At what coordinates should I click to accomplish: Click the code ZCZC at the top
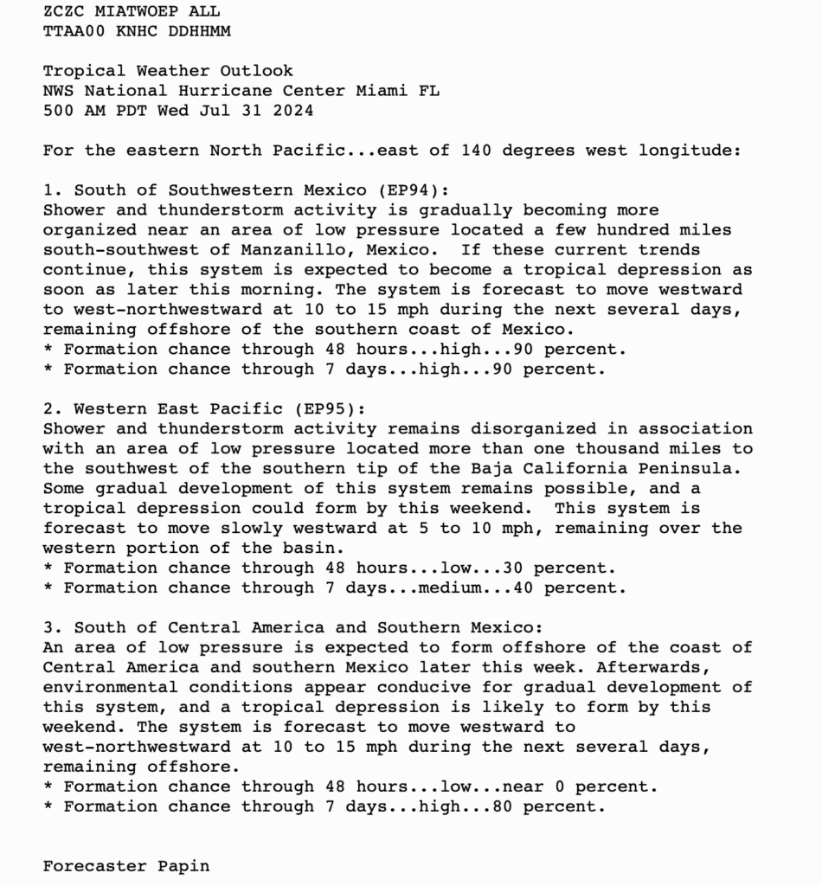click(x=64, y=11)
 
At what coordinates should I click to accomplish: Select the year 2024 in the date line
click(x=292, y=111)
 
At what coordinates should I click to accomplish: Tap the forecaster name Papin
click(x=183, y=866)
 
